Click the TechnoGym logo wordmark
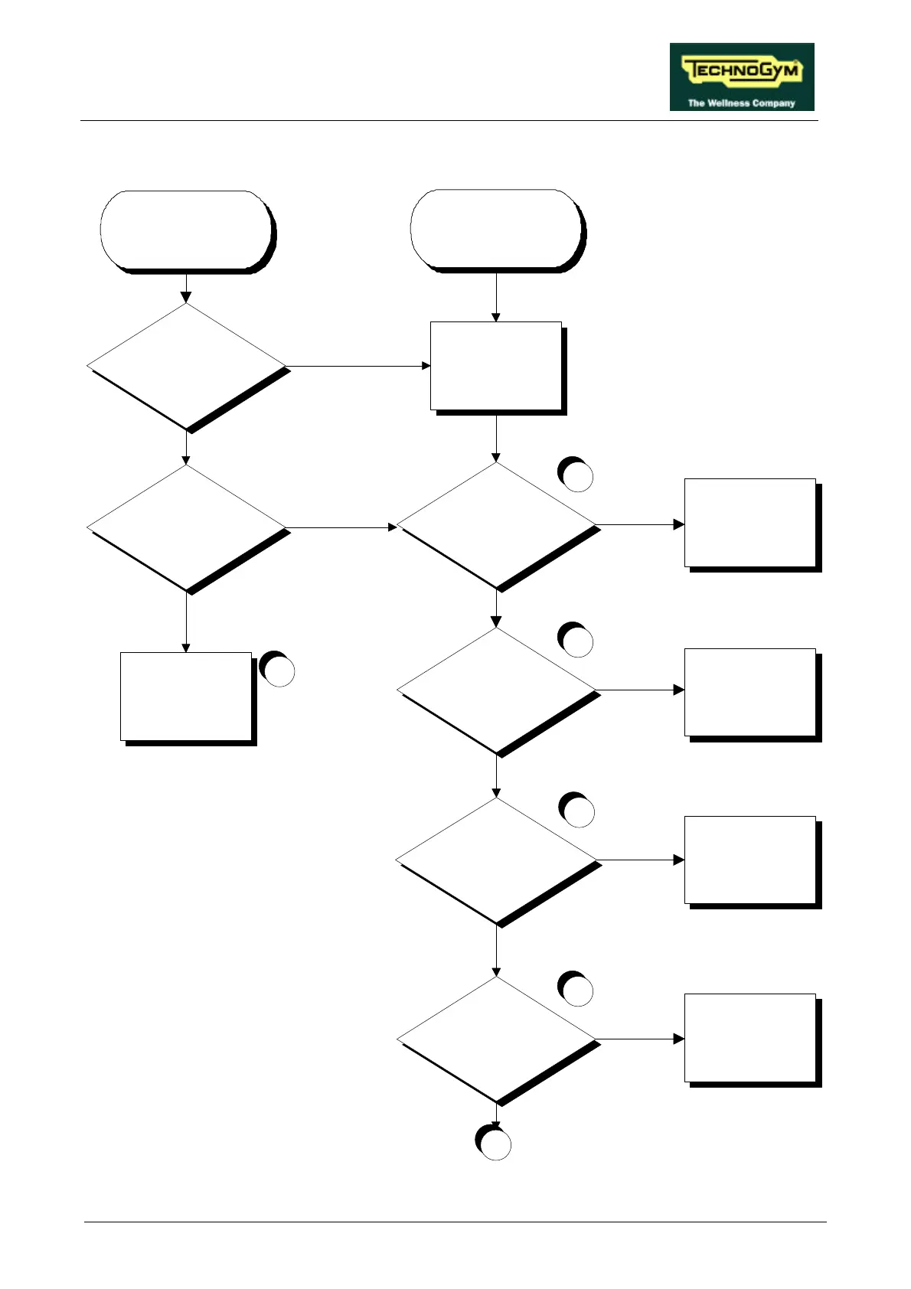pyautogui.click(x=742, y=71)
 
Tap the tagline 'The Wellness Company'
pyautogui.click(x=741, y=103)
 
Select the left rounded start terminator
pyautogui.click(x=186, y=230)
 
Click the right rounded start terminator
pyautogui.click(x=496, y=229)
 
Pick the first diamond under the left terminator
pyautogui.click(x=186, y=366)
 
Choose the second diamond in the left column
pyautogui.click(x=186, y=527)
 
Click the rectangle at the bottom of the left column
pyautogui.click(x=186, y=697)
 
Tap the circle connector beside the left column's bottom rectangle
pyautogui.click(x=278, y=670)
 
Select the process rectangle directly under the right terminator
pyautogui.click(x=496, y=366)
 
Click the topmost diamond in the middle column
pyautogui.click(x=496, y=525)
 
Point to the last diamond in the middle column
pyautogui.click(x=496, y=1039)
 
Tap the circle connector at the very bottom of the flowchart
pyautogui.click(x=495, y=1144)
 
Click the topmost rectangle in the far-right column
pyautogui.click(x=750, y=523)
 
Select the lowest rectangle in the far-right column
pyautogui.click(x=750, y=1038)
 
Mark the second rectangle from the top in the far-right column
pyautogui.click(x=750, y=692)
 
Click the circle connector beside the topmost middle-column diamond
pyautogui.click(x=576, y=475)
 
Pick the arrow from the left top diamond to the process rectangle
pyautogui.click(x=357, y=366)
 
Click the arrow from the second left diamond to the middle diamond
pyautogui.click(x=341, y=527)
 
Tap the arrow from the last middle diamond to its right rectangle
pyautogui.click(x=640, y=1039)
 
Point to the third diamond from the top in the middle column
pyautogui.click(x=496, y=860)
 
